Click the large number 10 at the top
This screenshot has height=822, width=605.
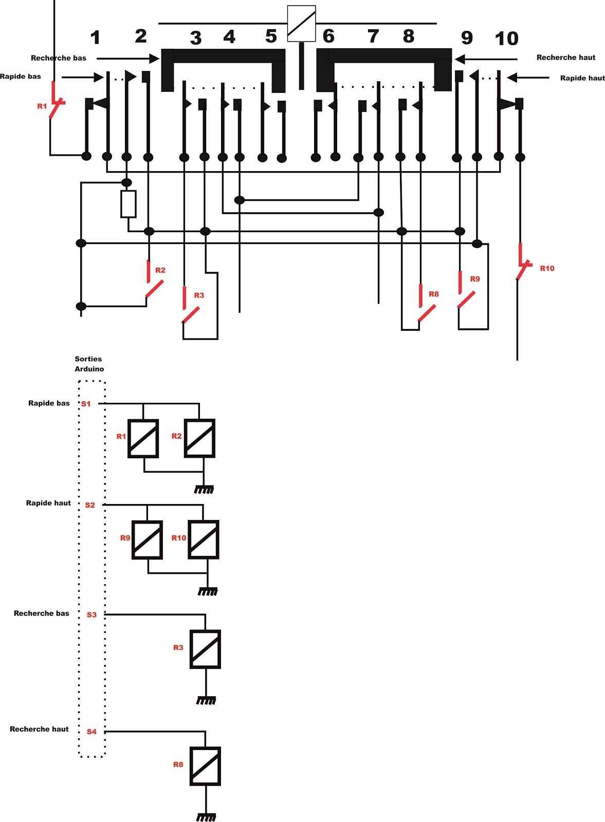(507, 38)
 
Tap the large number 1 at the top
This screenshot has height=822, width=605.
(96, 38)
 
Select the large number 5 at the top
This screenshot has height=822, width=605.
(271, 36)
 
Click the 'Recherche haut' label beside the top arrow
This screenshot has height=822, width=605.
(566, 57)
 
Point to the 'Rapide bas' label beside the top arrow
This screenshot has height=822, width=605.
(20, 77)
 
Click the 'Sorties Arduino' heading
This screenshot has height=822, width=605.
(89, 364)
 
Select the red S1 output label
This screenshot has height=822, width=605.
(86, 404)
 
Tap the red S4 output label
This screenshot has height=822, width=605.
(91, 732)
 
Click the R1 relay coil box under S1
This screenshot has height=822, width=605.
(143, 439)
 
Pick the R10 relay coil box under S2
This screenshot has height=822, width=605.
(204, 539)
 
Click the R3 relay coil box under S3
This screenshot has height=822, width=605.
(205, 649)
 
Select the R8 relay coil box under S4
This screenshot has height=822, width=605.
(205, 766)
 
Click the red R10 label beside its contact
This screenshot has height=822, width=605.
(547, 268)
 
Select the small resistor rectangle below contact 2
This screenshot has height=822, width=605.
(129, 204)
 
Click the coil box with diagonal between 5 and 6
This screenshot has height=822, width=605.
(301, 24)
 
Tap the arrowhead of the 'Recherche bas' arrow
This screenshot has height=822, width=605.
(155, 59)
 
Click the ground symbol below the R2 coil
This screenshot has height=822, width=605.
(204, 490)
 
